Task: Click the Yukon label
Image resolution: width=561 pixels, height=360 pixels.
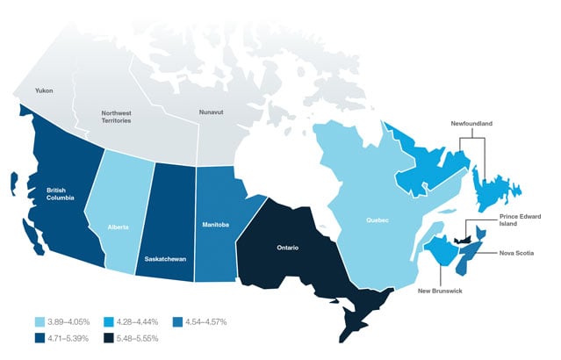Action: tap(43, 90)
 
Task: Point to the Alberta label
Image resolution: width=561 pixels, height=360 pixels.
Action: tap(119, 227)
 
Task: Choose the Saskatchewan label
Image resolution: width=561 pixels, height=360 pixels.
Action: tap(165, 259)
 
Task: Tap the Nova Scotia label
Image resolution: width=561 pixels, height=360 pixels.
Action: tap(517, 254)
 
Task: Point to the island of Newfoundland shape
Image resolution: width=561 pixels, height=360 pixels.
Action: tap(489, 189)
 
